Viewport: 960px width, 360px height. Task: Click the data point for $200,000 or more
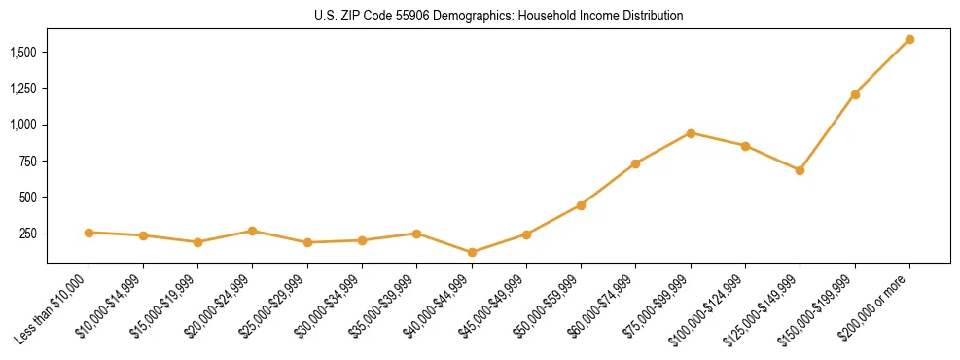pyautogui.click(x=909, y=40)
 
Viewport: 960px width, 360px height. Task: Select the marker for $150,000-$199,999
pyautogui.click(x=855, y=94)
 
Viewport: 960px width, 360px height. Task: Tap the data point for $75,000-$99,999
pyautogui.click(x=691, y=133)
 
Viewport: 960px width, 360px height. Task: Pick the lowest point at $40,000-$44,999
pyautogui.click(x=472, y=252)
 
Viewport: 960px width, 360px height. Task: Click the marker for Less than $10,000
pyautogui.click(x=89, y=233)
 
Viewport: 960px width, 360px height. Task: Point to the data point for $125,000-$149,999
pyautogui.click(x=800, y=170)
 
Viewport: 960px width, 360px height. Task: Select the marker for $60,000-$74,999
pyautogui.click(x=635, y=163)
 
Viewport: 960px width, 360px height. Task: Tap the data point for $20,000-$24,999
pyautogui.click(x=252, y=231)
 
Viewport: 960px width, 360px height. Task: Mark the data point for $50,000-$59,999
pyautogui.click(x=581, y=205)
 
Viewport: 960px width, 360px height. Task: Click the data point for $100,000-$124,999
pyautogui.click(x=745, y=146)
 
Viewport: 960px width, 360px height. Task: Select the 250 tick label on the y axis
pyautogui.click(x=30, y=234)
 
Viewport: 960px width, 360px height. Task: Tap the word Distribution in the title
pyautogui.click(x=650, y=17)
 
